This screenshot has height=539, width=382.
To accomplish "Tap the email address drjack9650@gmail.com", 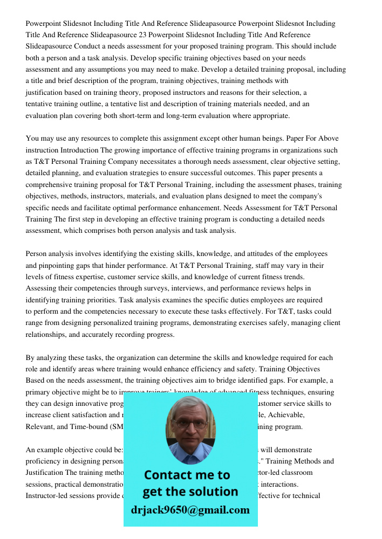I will [x=190, y=510].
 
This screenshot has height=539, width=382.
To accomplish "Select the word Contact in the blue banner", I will [x=165, y=475].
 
